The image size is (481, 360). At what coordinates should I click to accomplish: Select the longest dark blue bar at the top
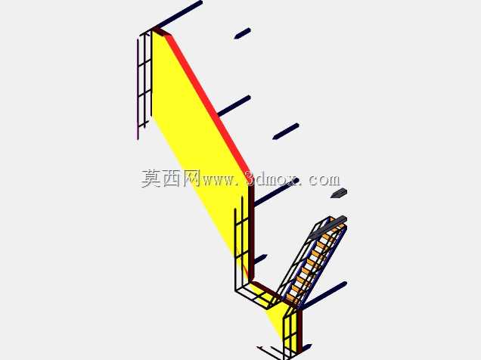click(x=178, y=14)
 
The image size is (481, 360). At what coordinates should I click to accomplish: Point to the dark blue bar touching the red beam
click(x=234, y=106)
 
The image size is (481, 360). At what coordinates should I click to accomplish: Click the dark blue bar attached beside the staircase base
click(x=324, y=295)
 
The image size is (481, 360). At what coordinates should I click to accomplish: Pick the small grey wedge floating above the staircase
click(x=339, y=193)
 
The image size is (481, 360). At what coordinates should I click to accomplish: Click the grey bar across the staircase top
click(x=328, y=227)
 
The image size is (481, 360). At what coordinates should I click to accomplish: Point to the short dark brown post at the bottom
click(x=299, y=331)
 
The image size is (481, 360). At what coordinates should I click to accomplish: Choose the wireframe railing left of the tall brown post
click(x=242, y=245)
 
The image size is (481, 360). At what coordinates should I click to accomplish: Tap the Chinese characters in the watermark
click(x=171, y=178)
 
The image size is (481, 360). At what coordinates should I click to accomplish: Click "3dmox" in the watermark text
click(x=272, y=178)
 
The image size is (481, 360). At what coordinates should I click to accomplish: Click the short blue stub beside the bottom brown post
click(x=306, y=347)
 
